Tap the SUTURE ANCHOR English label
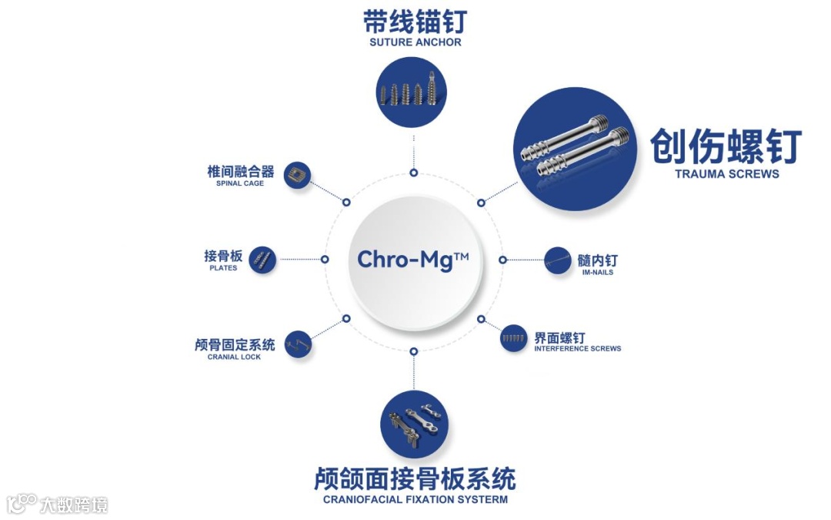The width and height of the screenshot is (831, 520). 415,42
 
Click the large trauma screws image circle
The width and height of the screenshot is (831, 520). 575,148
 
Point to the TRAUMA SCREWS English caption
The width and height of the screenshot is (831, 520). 726,174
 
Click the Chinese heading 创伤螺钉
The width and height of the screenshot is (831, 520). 726,146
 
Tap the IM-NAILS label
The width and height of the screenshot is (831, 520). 598,273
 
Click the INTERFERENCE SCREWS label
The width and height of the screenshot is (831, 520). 577,349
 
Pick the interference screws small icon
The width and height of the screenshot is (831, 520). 512,337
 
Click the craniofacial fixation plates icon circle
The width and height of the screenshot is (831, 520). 415,425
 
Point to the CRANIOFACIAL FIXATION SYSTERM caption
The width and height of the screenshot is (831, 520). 415,499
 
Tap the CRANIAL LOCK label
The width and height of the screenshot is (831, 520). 234,357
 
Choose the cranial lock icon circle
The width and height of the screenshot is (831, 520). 300,344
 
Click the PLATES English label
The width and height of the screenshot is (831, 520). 223,268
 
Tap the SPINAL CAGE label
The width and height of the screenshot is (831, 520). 240,183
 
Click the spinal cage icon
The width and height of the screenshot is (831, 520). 296,175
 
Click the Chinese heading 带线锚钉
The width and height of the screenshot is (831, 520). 415,21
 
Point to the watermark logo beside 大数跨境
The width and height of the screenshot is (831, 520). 22,504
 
